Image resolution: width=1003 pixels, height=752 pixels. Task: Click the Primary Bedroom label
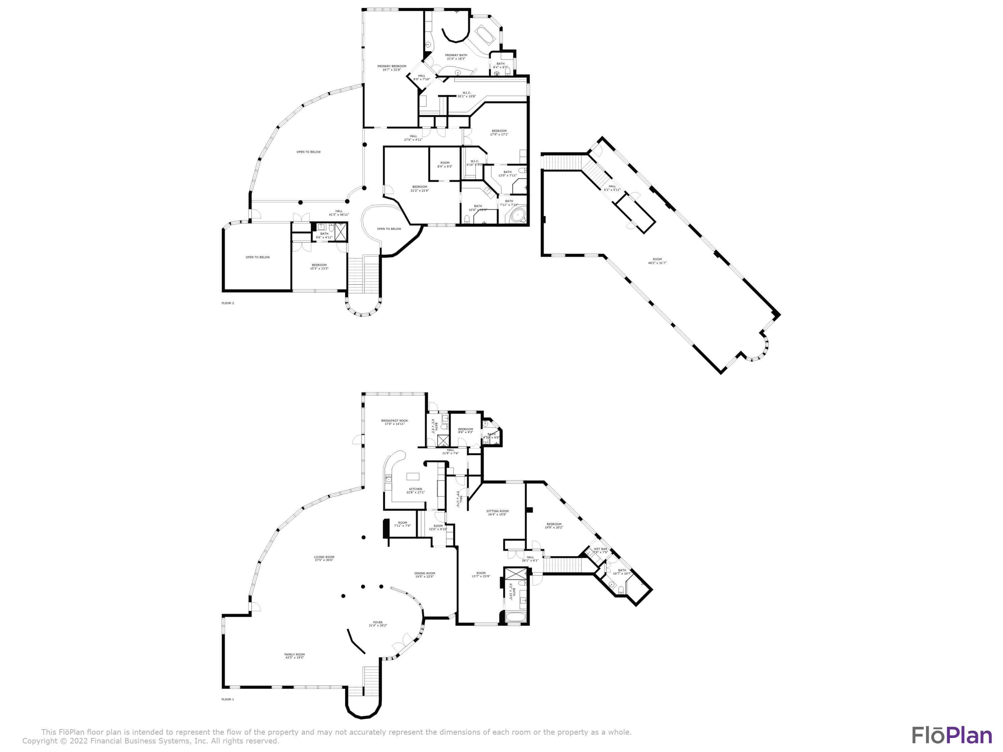point(392,68)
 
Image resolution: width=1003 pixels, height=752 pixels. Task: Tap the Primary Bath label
point(456,57)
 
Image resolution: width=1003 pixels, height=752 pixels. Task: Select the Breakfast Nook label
point(394,422)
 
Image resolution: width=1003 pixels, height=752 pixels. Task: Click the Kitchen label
point(415,490)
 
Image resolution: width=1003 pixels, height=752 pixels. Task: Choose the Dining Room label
point(425,575)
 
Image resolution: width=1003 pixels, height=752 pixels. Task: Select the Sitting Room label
point(497,512)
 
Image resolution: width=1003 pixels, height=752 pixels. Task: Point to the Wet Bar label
point(600,550)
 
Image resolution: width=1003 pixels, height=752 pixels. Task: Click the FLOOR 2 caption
point(228,303)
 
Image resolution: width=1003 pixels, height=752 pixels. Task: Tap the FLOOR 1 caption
point(228,700)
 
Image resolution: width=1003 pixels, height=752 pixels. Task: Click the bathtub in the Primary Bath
point(486,34)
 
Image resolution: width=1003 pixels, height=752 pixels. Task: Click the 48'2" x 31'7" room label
point(657,261)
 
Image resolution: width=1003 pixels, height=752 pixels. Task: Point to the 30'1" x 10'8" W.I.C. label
point(467,94)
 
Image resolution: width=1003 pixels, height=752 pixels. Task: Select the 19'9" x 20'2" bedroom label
point(554,526)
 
